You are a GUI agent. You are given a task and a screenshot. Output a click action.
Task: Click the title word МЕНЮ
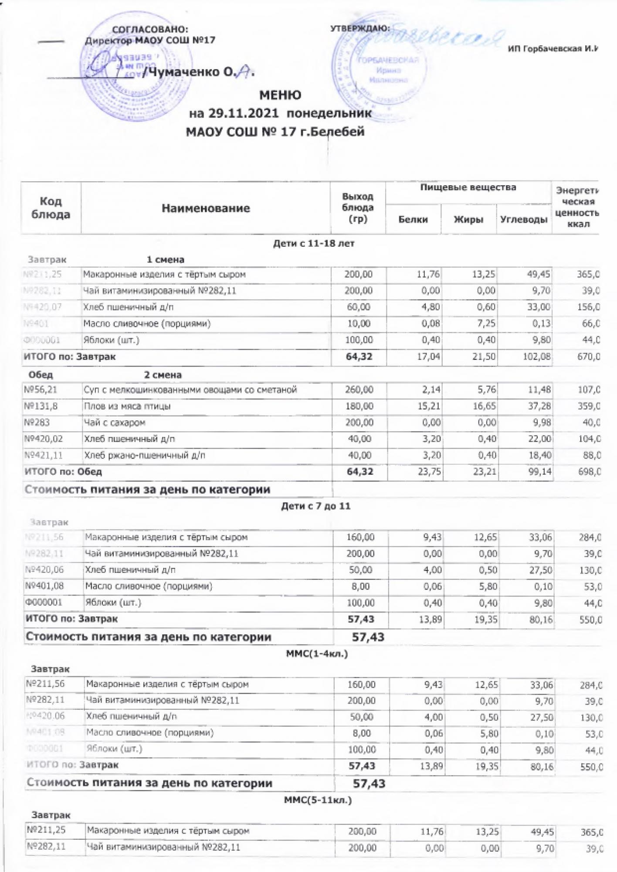[280, 95]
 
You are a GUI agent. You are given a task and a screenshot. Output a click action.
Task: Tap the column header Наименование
[206, 208]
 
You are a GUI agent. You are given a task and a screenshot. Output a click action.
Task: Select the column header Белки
[413, 220]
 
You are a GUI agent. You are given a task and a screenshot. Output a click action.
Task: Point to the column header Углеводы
[524, 220]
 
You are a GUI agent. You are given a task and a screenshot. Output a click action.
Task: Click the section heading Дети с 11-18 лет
[313, 244]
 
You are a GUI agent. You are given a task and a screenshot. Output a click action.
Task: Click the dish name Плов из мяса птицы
[127, 406]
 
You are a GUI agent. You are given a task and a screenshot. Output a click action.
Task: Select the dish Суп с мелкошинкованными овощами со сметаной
[190, 390]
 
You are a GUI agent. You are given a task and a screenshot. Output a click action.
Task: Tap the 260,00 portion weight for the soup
[359, 390]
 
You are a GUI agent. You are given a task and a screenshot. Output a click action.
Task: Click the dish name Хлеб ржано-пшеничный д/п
[145, 456]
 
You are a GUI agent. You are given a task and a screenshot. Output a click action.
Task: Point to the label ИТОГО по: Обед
[63, 472]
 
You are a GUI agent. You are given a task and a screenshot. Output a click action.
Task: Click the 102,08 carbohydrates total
[539, 357]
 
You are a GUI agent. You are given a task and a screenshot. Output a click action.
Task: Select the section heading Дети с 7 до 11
[315, 506]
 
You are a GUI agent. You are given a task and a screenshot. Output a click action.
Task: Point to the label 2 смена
[163, 375]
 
